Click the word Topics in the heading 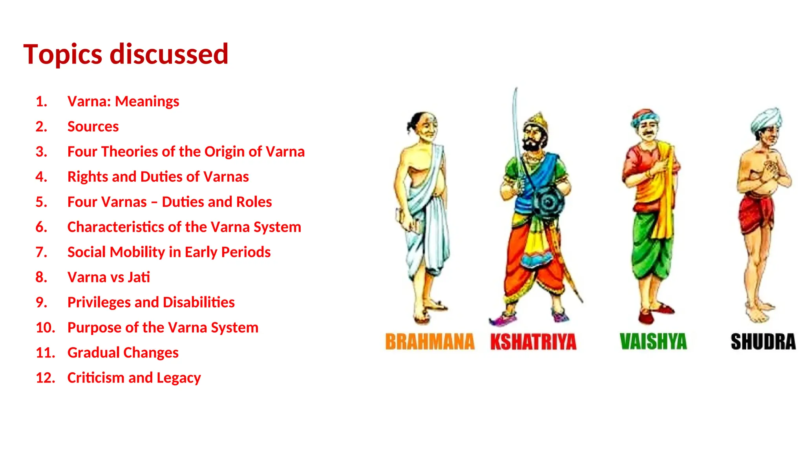tap(63, 54)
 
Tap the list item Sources tap(93, 127)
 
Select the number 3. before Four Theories tap(41, 152)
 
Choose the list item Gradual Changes tap(123, 353)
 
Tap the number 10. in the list tap(45, 328)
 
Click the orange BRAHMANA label tap(429, 342)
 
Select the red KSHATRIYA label tap(533, 342)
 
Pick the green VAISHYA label tap(653, 342)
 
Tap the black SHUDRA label tap(763, 342)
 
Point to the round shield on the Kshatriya tap(548, 202)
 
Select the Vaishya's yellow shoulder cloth tap(666, 184)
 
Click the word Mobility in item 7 tap(137, 252)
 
